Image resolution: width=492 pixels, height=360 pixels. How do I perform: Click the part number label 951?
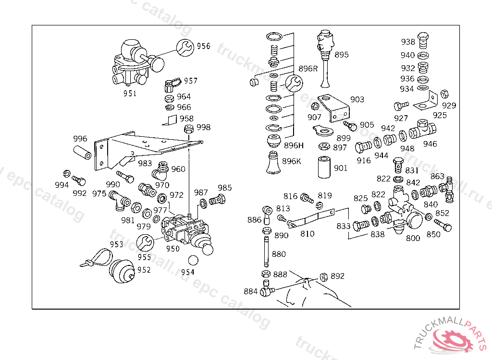[x=130, y=93]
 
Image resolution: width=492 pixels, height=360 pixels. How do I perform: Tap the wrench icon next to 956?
[x=185, y=47]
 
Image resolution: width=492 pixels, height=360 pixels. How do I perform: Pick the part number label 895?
[x=341, y=55]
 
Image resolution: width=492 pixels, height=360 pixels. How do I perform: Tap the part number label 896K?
[x=292, y=161]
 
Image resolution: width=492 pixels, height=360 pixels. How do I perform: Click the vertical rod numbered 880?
[x=265, y=251]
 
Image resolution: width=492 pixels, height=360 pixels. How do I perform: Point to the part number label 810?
[x=307, y=234]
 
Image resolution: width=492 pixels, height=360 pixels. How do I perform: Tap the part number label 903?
[x=357, y=99]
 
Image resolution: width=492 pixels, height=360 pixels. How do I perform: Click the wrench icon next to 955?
[x=145, y=243]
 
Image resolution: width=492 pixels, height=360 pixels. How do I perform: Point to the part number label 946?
[x=430, y=144]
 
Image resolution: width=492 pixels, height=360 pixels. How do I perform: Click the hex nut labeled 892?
[x=323, y=276]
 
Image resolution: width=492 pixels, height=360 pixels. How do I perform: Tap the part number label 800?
[x=413, y=238]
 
